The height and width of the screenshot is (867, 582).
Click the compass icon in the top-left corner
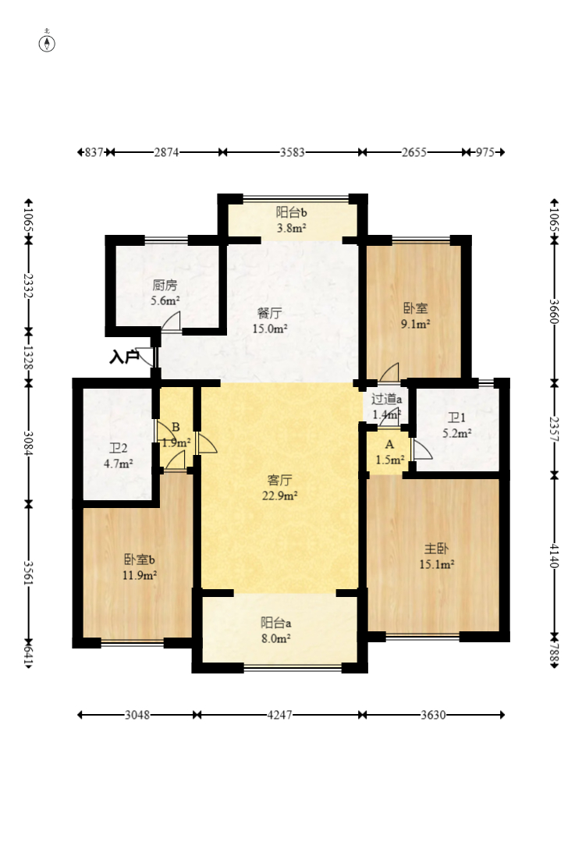[x=47, y=43]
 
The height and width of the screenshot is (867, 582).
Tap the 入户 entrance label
[x=123, y=357]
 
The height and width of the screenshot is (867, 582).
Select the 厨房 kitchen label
[x=165, y=286]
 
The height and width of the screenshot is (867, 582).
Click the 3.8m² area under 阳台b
[x=292, y=228]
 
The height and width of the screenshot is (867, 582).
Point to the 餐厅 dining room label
[x=270, y=314]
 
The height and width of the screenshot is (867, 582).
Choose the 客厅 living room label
[x=279, y=480]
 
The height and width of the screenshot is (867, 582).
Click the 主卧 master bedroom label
[x=436, y=549]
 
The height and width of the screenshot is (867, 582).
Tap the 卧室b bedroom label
[x=140, y=560]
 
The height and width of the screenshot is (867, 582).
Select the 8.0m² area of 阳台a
[x=276, y=638]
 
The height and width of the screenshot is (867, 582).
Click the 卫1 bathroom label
[x=456, y=418]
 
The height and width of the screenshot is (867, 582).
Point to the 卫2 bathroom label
[x=119, y=449]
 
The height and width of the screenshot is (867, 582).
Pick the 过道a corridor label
[x=386, y=399]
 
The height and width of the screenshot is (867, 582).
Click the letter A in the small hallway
[x=389, y=445]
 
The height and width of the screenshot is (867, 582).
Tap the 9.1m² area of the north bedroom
[x=416, y=324]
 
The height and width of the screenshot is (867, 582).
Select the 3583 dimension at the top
[x=292, y=152]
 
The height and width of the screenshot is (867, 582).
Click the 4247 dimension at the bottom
[x=279, y=715]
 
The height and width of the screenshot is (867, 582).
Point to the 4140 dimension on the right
[x=555, y=556]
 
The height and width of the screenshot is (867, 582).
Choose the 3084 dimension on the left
[x=28, y=443]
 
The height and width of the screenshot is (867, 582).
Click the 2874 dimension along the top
[x=166, y=152]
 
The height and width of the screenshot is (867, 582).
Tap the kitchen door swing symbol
[x=172, y=322]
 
